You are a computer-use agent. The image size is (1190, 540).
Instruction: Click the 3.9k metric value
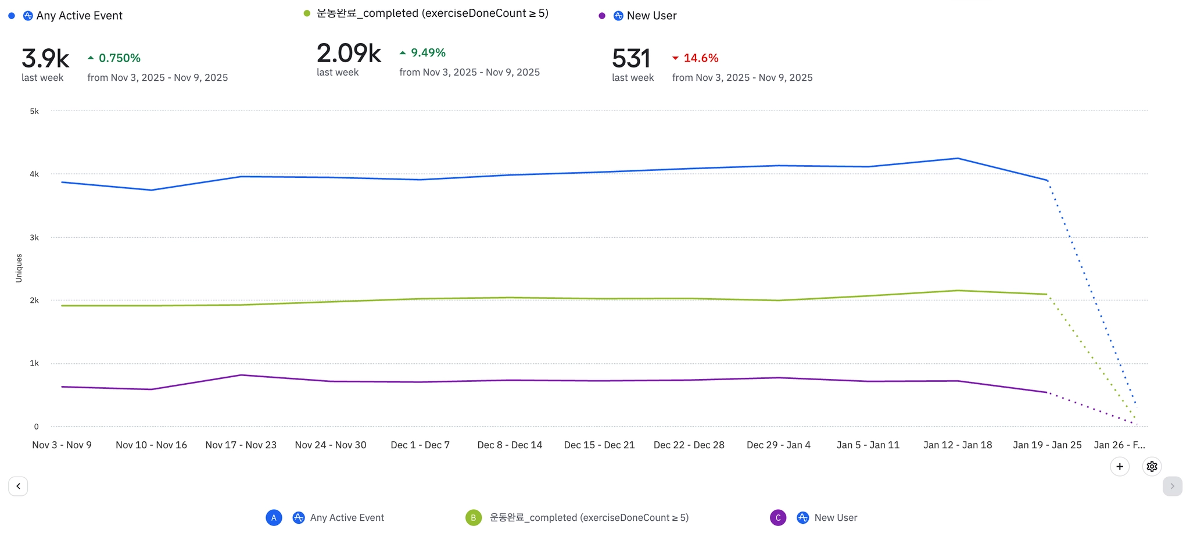coord(45,59)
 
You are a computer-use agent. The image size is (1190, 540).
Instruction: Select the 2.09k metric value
coord(349,53)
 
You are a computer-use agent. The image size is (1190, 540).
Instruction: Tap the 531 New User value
coord(630,59)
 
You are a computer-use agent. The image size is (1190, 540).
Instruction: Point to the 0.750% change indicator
coord(119,58)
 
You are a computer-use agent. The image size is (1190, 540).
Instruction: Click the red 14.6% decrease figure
coord(701,58)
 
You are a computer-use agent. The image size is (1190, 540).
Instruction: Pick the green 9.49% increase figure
coord(428,53)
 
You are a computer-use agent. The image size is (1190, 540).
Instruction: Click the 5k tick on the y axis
coord(34,111)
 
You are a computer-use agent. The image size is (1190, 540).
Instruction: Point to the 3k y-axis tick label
coord(34,237)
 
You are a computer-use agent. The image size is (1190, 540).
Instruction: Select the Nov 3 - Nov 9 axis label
coord(62,445)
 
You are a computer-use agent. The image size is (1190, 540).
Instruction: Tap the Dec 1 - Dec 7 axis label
coord(420,445)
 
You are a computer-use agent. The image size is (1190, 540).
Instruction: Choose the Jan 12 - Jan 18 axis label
coord(958,445)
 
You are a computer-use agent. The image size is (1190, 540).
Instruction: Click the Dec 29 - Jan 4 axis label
coord(779,445)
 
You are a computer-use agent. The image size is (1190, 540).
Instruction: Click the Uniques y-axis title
coord(19,268)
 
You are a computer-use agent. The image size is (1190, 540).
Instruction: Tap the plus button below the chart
coord(1120,466)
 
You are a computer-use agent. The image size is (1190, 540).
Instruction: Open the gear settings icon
coord(1152,466)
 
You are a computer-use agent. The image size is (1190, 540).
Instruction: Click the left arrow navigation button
coord(18,486)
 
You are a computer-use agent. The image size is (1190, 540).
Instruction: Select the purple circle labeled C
coord(778,517)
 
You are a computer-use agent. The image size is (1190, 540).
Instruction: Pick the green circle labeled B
coord(474,517)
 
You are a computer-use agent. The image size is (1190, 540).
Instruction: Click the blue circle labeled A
coord(274,517)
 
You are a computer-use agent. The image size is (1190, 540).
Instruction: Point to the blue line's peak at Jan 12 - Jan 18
coord(958,158)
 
